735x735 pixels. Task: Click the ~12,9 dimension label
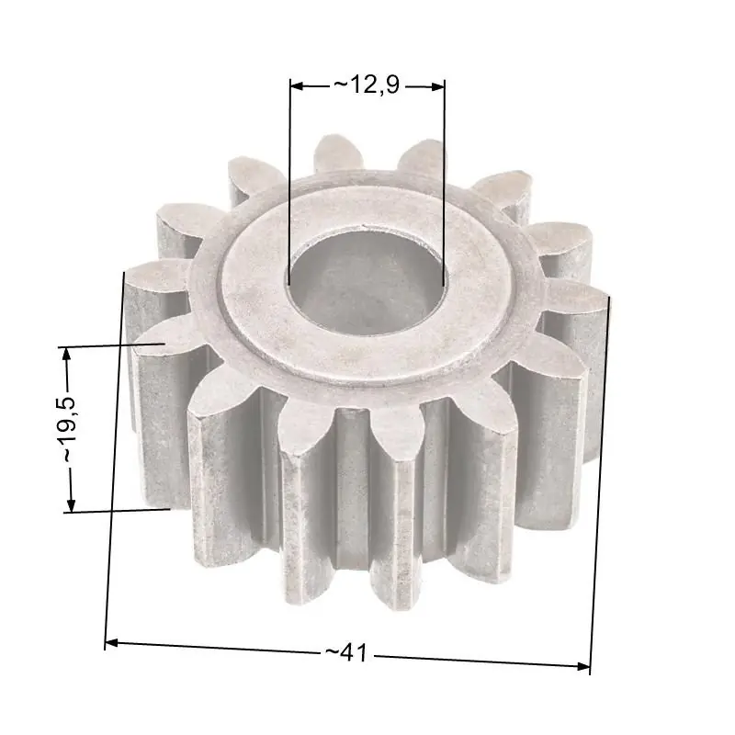(x=367, y=85)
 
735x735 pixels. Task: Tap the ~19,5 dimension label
(x=70, y=430)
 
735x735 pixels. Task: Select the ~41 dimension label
(x=347, y=652)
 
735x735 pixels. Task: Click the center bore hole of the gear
(x=367, y=283)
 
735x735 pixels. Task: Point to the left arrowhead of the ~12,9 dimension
(x=297, y=85)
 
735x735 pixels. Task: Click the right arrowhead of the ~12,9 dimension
(x=437, y=86)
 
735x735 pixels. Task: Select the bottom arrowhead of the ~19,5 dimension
(x=71, y=504)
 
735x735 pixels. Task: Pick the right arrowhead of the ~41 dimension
(x=582, y=666)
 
